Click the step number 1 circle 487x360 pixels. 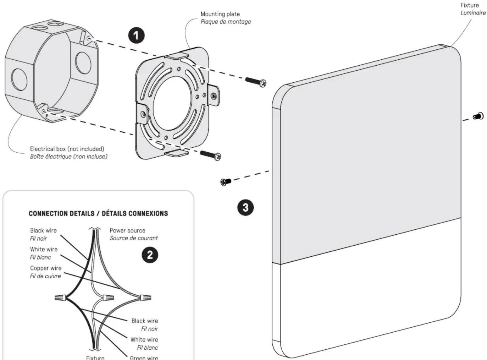(x=136, y=36)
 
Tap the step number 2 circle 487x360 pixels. (x=150, y=255)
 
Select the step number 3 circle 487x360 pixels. (x=245, y=207)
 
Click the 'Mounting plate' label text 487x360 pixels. (x=220, y=14)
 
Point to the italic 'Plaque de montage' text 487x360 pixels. (x=226, y=22)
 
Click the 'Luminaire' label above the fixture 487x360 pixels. (x=473, y=13)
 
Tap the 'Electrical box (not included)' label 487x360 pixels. (x=67, y=149)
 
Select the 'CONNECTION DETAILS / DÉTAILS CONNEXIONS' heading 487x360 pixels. (x=98, y=213)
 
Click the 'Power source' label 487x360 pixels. (x=127, y=230)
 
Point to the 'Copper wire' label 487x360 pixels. (x=46, y=268)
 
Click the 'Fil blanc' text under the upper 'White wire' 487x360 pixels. (x=40, y=257)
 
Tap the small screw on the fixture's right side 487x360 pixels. (x=478, y=116)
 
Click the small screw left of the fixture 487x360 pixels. (x=226, y=182)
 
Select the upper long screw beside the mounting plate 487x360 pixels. (x=256, y=82)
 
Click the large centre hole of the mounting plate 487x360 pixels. (x=172, y=103)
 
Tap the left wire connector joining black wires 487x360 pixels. (x=60, y=298)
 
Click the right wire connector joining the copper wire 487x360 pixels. (x=145, y=298)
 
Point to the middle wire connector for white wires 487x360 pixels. (x=108, y=298)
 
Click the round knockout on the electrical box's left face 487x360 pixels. (x=19, y=80)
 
